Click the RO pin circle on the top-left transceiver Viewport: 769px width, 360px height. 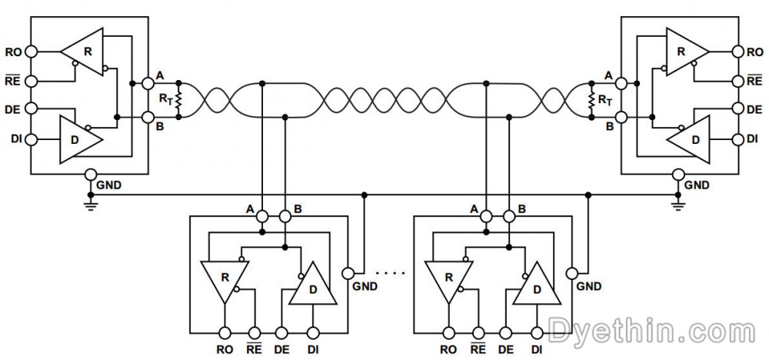pos(31,52)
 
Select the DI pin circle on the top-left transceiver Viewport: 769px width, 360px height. pos(31,140)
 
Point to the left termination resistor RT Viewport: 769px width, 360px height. pos(178,100)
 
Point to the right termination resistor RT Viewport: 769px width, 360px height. pos(591,100)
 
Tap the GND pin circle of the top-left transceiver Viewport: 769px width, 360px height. pos(91,175)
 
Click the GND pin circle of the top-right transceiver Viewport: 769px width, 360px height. pos(677,175)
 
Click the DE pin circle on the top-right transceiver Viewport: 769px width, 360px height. pos(738,109)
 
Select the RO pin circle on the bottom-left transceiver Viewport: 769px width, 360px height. pos(225,333)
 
